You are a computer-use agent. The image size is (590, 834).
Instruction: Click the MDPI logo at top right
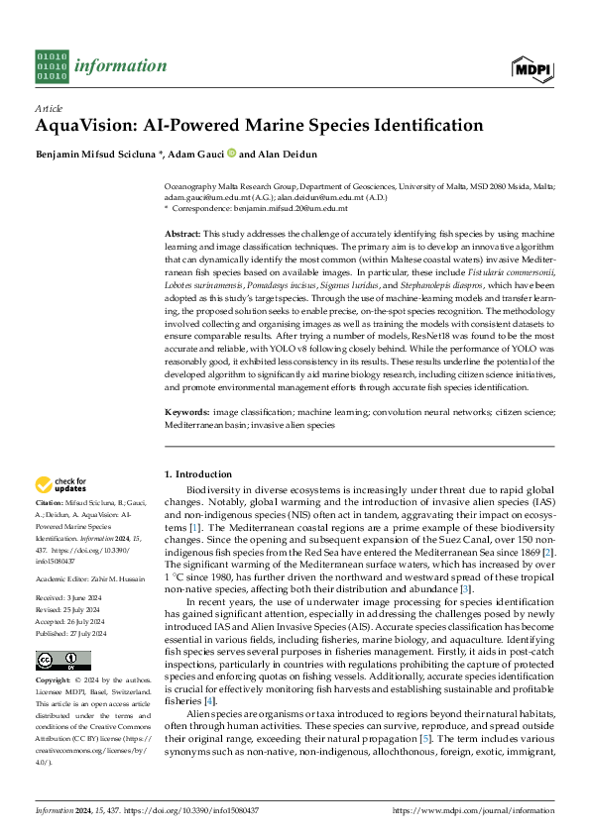click(532, 66)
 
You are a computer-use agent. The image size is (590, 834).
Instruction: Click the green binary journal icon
click(51, 66)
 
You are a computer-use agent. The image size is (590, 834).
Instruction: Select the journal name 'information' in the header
click(107, 66)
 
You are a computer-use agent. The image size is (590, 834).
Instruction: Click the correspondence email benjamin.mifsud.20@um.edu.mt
click(296, 208)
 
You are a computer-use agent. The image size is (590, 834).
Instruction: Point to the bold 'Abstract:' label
click(184, 230)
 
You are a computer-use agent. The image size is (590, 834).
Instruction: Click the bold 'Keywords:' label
click(186, 410)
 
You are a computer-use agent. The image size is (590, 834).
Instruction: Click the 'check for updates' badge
click(62, 485)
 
